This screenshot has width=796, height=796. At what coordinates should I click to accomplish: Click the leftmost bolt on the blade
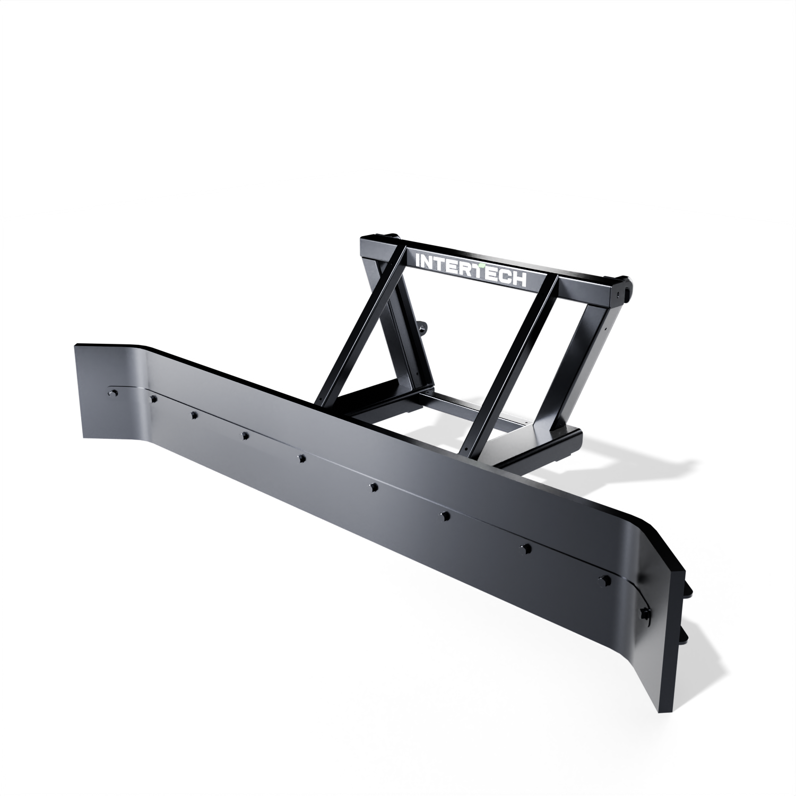click(x=113, y=393)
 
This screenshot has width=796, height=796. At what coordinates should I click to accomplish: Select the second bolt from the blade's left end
click(x=152, y=399)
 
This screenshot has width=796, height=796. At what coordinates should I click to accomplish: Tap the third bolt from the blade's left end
click(x=194, y=414)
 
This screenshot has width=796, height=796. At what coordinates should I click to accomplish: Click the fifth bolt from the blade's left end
click(x=301, y=458)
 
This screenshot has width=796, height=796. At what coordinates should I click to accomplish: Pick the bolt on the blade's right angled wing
click(x=645, y=613)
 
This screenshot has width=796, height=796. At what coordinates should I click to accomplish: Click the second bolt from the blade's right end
click(x=602, y=579)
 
